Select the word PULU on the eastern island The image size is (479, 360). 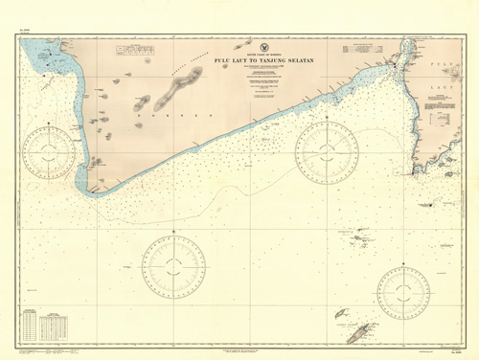pyautogui.click(x=443, y=63)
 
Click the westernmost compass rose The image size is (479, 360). pyautogui.click(x=50, y=149)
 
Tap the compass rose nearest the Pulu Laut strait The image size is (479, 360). pyautogui.click(x=326, y=145)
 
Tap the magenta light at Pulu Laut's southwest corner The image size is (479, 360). pyautogui.click(x=415, y=172)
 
